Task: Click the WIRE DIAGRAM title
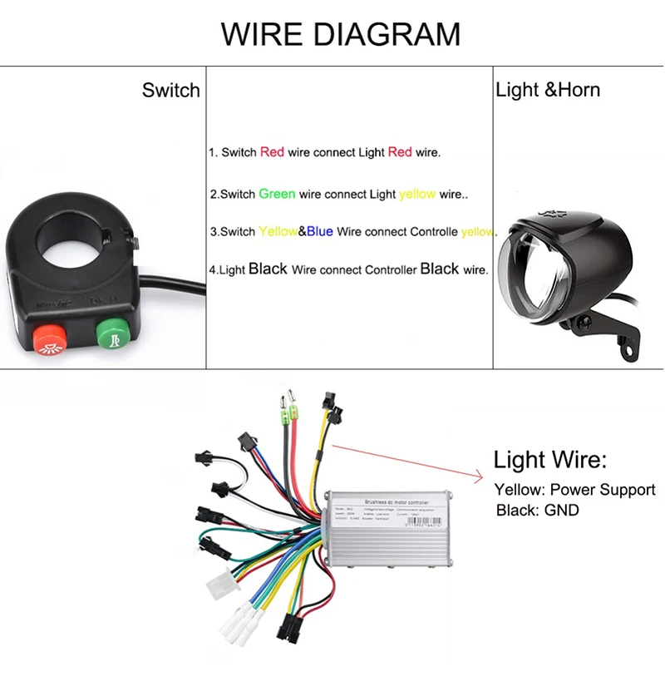pos(340,34)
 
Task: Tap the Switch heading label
pos(170,91)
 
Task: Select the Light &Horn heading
pos(547,90)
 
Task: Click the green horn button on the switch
pos(111,336)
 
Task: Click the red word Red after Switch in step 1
pos(272,152)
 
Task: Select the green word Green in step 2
pos(277,194)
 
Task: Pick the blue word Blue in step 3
pos(320,231)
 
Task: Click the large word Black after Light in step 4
pos(268,269)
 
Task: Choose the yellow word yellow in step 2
pos(417,194)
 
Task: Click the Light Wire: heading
pos(550,460)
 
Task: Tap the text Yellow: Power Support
pos(574,490)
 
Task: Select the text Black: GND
pos(537,510)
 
